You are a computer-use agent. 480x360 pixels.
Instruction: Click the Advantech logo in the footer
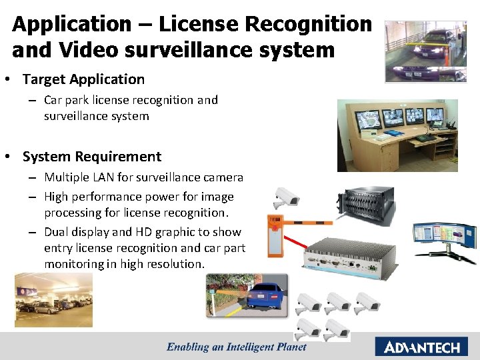click(421, 347)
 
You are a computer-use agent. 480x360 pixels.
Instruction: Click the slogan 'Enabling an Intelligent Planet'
click(237, 347)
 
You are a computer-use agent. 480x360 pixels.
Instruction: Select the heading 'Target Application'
click(83, 79)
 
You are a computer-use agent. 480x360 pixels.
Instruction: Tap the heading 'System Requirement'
click(92, 157)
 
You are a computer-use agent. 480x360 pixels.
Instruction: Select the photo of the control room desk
click(397, 135)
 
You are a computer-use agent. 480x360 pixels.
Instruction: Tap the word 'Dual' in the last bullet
click(55, 232)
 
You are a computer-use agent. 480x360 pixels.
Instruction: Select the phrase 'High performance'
click(85, 197)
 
